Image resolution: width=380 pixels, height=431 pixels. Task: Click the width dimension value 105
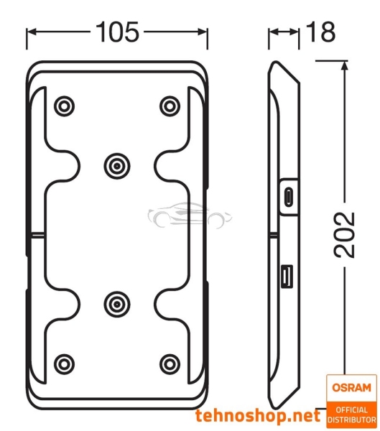pyautogui.click(x=117, y=32)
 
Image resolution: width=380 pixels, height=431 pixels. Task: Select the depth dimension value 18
pyautogui.click(x=320, y=32)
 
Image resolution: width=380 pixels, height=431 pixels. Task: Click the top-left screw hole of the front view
pyautogui.click(x=64, y=106)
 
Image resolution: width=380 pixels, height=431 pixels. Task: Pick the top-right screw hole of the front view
pyautogui.click(x=170, y=106)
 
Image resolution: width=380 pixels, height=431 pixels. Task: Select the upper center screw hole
pyautogui.click(x=116, y=166)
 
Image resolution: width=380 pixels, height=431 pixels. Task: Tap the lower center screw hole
pyautogui.click(x=116, y=304)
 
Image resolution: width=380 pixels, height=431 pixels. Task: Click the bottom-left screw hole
pyautogui.click(x=64, y=363)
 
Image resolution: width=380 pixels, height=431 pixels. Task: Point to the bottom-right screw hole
pyautogui.click(x=170, y=363)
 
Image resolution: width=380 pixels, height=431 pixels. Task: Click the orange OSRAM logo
pyautogui.click(x=351, y=387)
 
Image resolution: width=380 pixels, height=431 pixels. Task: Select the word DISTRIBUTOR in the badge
pyautogui.click(x=351, y=419)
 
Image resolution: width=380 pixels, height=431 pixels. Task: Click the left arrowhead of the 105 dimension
pyautogui.click(x=30, y=32)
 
